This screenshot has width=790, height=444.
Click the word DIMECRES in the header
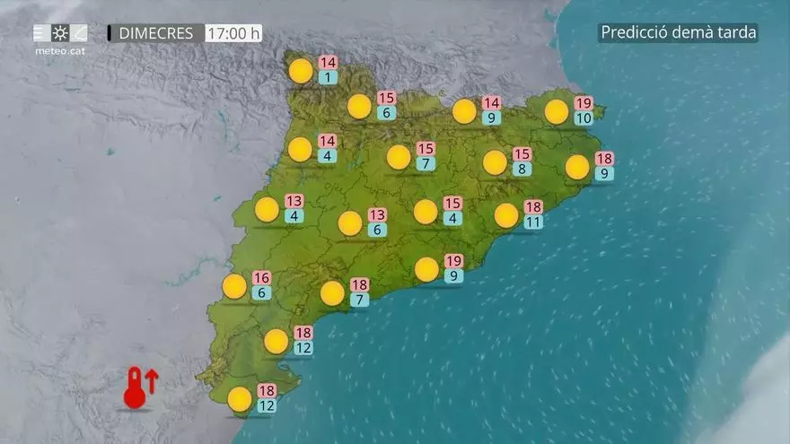coord(155,33)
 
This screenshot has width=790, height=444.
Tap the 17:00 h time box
coord(233,33)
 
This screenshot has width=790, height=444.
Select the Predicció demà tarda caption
coord(679,33)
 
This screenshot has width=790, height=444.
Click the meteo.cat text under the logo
coord(60,51)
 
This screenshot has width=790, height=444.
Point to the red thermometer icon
coord(135,389)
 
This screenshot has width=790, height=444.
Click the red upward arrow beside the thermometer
coord(151,380)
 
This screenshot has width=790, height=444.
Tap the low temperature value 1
coord(328,78)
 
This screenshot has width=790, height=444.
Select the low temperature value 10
coord(584,118)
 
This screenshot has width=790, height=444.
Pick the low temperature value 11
coord(533,222)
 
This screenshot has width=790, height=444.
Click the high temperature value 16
coord(261,277)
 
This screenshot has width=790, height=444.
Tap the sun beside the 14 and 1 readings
coord(302,71)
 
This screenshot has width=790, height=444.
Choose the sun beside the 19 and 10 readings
coord(557,111)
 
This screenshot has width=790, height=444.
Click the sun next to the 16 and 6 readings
coord(234,286)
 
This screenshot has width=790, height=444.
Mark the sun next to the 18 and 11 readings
coord(506,215)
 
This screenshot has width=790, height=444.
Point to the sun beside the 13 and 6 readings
coord(350,223)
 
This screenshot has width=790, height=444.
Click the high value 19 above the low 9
coord(453,260)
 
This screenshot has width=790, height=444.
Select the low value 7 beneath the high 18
coord(359,300)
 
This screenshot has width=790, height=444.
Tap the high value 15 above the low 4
coord(452,203)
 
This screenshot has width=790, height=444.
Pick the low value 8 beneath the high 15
coord(522,169)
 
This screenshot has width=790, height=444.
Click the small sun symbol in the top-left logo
coord(60,33)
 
